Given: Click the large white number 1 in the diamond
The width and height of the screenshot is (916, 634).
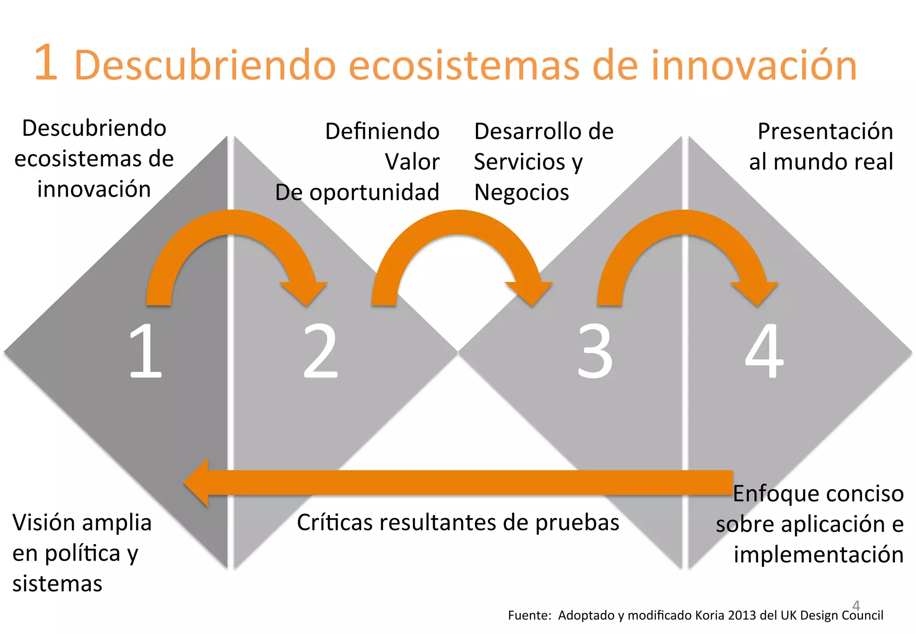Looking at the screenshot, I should click(x=146, y=351).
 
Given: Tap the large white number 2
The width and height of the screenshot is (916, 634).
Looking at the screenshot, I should click(x=321, y=351).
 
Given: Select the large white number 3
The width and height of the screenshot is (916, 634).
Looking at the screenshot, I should click(x=595, y=351).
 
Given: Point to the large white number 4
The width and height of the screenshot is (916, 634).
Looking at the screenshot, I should click(x=764, y=351).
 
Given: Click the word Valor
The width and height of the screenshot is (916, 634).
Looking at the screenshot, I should click(x=412, y=162).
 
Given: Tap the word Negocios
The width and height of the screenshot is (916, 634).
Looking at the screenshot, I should click(x=522, y=193).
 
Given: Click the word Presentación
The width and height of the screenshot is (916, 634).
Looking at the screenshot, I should click(x=825, y=131).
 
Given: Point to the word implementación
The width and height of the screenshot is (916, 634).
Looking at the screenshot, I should click(x=818, y=554).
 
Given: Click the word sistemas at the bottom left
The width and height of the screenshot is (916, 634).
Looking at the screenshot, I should click(x=57, y=583).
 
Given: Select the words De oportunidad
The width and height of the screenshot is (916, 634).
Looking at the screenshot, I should click(x=357, y=193).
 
